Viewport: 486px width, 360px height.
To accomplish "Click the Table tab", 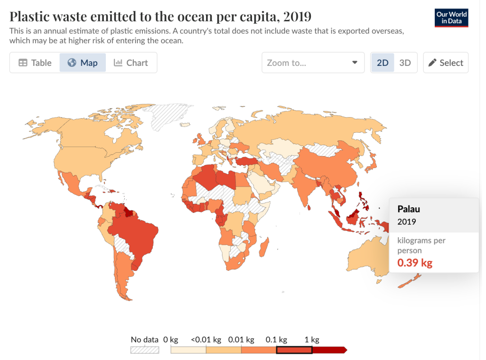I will click(35, 63).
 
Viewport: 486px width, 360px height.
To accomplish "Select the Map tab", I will click(83, 63).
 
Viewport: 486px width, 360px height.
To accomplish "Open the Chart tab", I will click(131, 63).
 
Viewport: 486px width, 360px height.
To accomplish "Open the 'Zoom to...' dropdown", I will click(313, 63).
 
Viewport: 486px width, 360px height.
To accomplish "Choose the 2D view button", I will click(383, 63).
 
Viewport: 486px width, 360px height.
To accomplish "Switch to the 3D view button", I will click(405, 63).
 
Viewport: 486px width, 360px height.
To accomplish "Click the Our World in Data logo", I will click(451, 17).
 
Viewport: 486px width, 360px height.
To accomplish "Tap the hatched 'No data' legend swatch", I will click(145, 350).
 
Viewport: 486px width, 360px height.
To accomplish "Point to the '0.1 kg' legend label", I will click(277, 340).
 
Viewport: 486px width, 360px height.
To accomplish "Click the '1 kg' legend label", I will click(311, 340).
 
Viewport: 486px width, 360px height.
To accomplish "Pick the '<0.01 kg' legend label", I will click(206, 340).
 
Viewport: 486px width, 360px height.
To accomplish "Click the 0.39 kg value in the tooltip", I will click(415, 262).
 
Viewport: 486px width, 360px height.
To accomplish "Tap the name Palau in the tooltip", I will click(409, 209).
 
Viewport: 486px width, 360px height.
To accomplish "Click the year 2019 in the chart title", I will click(297, 17).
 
